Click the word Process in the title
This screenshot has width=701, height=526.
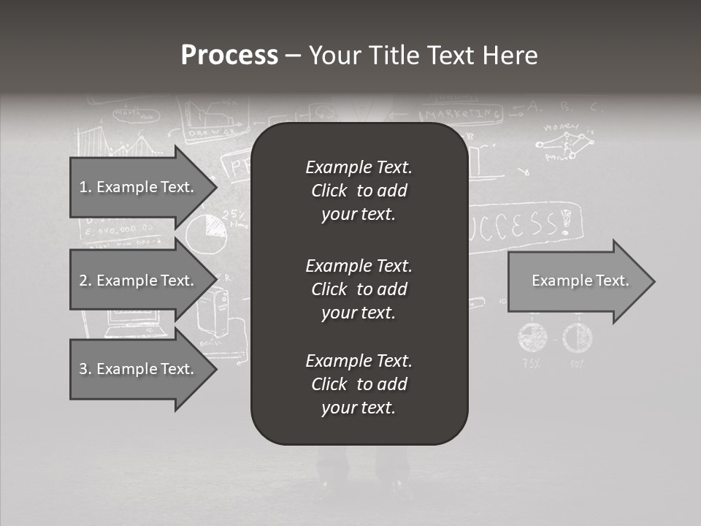point(229,56)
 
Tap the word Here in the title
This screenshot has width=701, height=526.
point(510,56)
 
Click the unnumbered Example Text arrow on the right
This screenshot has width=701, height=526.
point(581,281)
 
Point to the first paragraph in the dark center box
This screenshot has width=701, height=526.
point(359,191)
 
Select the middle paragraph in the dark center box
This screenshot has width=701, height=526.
point(359,289)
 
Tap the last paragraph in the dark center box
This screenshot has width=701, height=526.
point(359,384)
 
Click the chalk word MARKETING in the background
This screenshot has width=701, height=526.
point(463,115)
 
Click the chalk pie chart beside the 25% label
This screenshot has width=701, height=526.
point(205,232)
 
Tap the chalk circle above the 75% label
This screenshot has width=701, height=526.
point(532,337)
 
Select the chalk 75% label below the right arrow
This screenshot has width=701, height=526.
point(532,363)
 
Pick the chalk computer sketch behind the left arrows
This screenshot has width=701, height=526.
point(132,322)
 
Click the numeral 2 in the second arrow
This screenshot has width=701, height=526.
point(83,281)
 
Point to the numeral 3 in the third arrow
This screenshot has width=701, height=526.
point(83,369)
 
